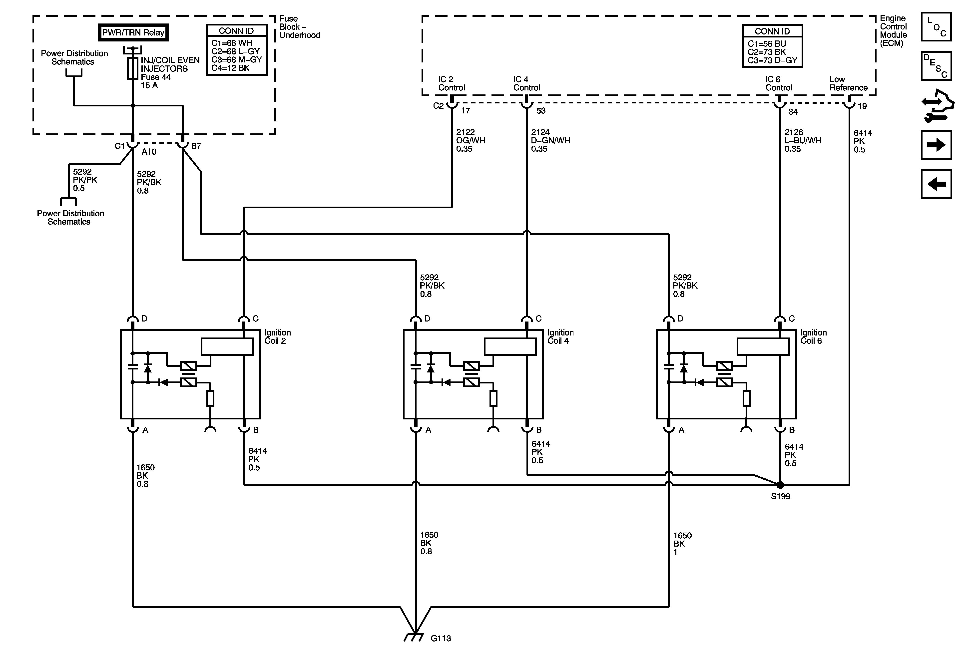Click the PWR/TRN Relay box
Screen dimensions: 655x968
133,32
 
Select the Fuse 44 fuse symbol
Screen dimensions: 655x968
132,68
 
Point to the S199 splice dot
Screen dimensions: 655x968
780,485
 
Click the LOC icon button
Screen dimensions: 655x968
936,27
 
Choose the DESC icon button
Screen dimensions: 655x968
936,66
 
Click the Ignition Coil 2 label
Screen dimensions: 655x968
277,336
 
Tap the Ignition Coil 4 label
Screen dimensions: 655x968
560,336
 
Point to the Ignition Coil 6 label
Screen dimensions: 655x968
813,336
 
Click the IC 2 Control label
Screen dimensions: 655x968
451,83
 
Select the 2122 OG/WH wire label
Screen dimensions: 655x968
470,140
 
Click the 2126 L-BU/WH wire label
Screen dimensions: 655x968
802,140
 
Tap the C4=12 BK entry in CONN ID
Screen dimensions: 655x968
230,68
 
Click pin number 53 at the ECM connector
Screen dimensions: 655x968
541,111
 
